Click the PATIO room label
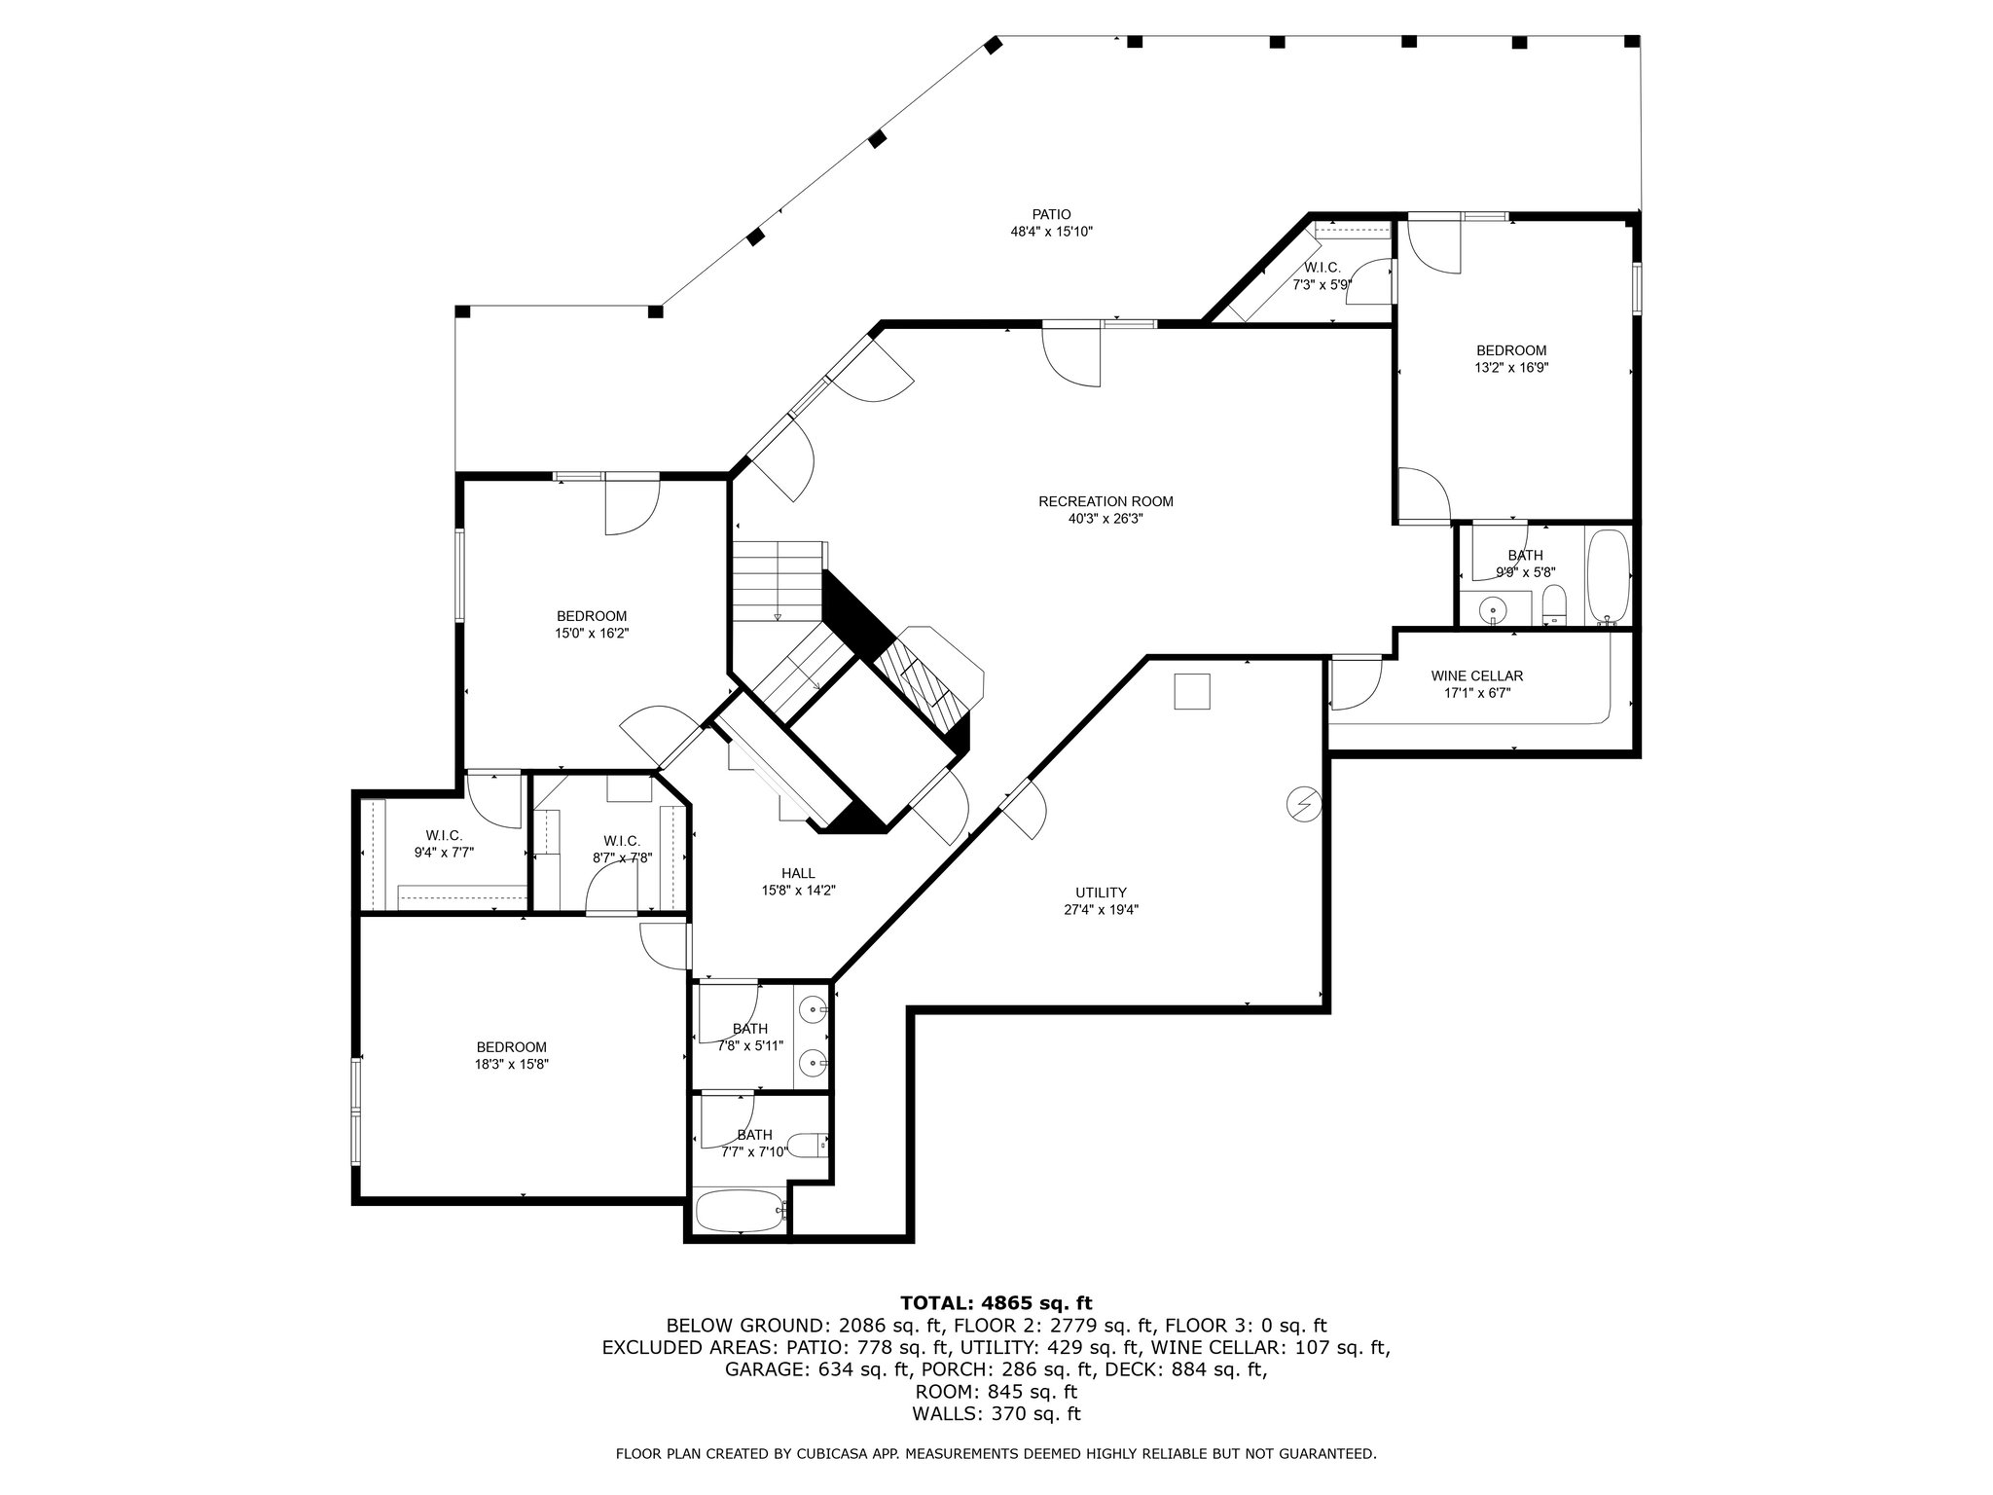click(1051, 215)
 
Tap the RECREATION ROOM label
click(1105, 502)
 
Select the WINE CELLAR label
click(1476, 676)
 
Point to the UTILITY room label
click(1101, 893)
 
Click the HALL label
click(798, 873)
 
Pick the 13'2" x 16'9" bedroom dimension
click(1511, 368)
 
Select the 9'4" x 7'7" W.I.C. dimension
click(444, 853)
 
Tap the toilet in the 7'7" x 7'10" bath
click(807, 1146)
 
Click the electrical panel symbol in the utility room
click(1302, 803)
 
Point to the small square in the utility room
click(1192, 692)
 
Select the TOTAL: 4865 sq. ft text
click(996, 1303)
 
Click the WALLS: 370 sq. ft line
click(996, 1414)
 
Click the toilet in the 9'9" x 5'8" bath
click(1554, 604)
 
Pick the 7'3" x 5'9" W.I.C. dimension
click(1322, 285)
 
